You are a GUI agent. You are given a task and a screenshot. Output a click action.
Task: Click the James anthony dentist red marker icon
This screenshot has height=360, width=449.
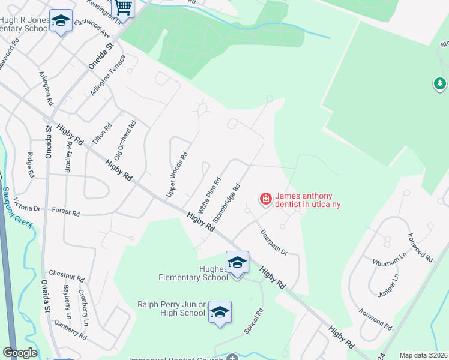[265, 197]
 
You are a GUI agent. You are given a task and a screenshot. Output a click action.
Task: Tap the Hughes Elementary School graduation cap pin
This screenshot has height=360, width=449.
[237, 263]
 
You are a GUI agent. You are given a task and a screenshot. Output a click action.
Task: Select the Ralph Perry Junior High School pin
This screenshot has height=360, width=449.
[220, 312]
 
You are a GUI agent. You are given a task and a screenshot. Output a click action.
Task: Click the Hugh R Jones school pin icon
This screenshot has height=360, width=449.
[61, 22]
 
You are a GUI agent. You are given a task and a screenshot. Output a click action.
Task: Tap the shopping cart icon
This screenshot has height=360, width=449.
[123, 7]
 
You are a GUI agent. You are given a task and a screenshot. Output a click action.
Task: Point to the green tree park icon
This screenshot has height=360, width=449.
[441, 83]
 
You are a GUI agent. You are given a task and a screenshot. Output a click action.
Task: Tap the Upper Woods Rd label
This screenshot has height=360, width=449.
[177, 175]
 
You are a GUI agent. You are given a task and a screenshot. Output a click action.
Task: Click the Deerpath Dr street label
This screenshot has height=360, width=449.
[274, 242]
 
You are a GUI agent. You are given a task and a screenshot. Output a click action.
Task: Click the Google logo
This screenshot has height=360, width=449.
[20, 353]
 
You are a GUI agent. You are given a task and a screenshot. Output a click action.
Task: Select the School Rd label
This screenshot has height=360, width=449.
[254, 322]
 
